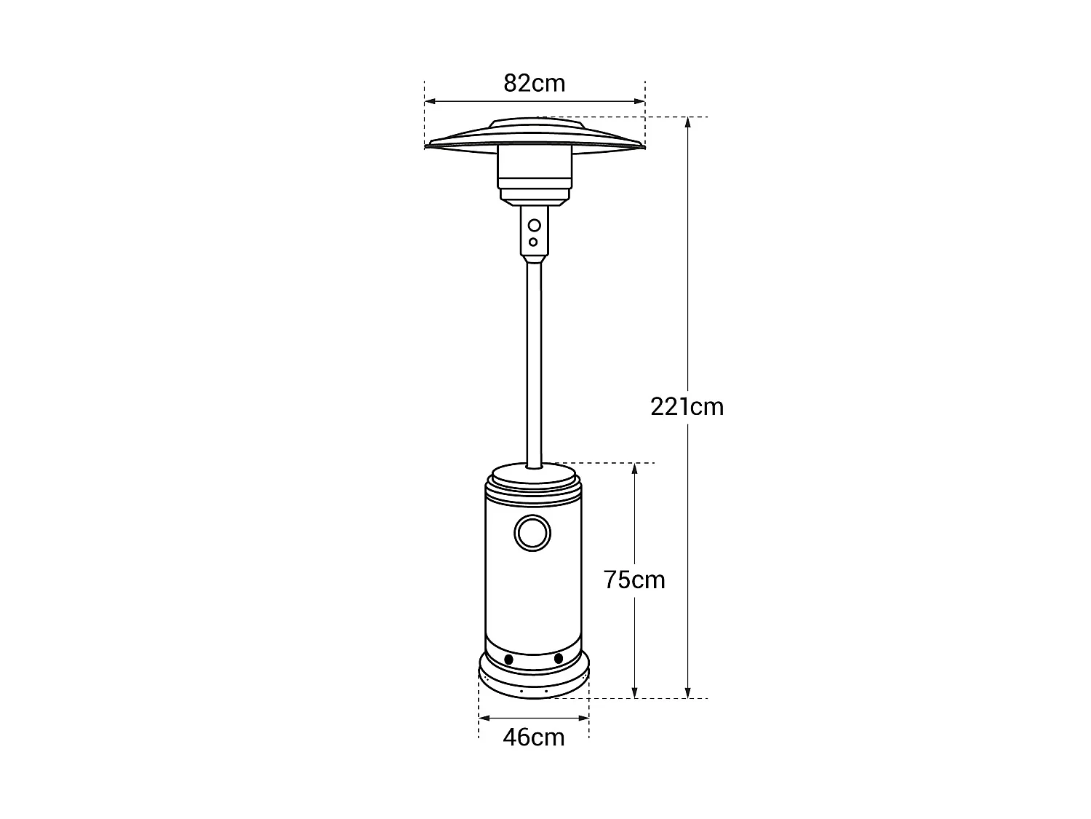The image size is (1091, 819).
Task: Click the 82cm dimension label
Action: coord(534,83)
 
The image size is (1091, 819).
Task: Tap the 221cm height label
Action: coord(687,406)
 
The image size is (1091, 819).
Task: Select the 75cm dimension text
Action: coord(634,579)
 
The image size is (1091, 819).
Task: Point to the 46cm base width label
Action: coord(534,737)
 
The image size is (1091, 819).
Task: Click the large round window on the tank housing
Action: coord(532,532)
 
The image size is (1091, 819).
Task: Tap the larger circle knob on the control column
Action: coord(535,225)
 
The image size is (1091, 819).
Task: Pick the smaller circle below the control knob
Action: coord(534,242)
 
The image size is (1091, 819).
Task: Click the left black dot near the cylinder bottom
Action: coord(508,659)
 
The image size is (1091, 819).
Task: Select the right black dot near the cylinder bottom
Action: coord(559,658)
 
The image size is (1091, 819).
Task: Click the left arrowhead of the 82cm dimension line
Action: coord(430,102)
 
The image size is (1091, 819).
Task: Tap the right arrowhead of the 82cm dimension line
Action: coord(640,102)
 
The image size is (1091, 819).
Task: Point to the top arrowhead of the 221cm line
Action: coord(688,122)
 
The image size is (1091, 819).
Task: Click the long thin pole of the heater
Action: coord(534,364)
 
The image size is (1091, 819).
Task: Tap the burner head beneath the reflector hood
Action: coord(534,175)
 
